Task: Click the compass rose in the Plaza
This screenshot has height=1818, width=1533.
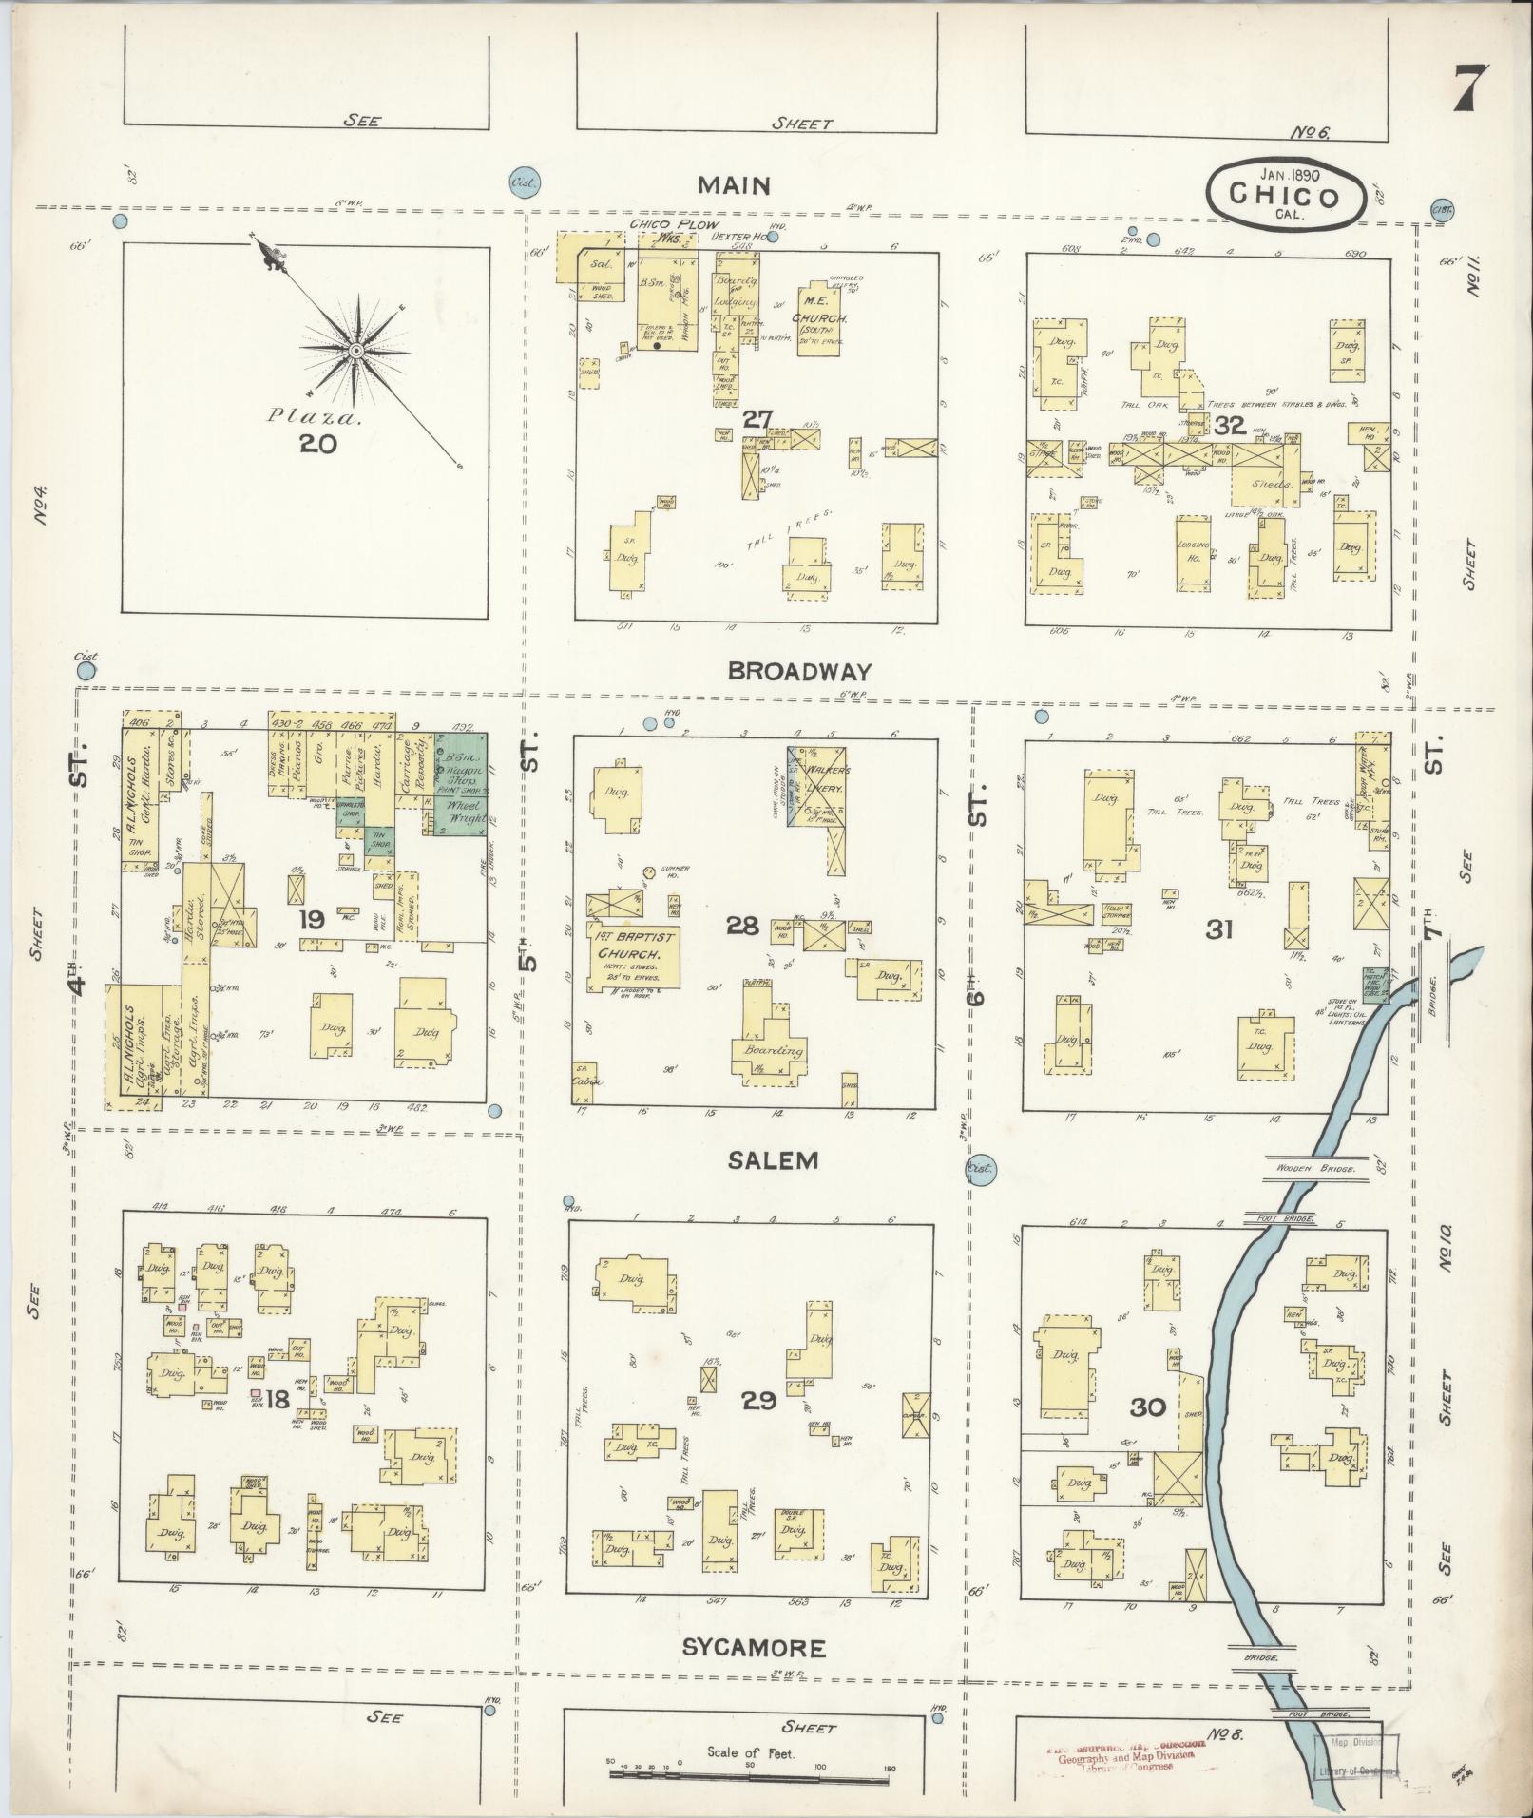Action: click(355, 352)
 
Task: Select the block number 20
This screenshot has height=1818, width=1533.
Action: click(318, 444)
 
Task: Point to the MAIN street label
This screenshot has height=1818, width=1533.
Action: click(733, 185)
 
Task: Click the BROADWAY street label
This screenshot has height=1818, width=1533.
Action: click(798, 672)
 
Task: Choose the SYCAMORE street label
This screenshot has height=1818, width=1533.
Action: click(754, 1647)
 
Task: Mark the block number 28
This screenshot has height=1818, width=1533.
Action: click(742, 925)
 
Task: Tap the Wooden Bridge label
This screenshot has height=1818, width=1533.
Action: click(1321, 1166)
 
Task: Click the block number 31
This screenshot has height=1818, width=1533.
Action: click(1219, 929)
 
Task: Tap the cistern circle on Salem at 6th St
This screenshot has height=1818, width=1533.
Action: click(981, 1168)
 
